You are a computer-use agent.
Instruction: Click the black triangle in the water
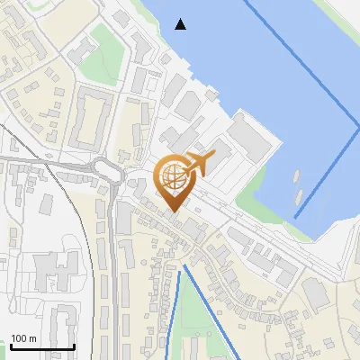tap(182, 24)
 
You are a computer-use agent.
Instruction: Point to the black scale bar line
tap(42, 347)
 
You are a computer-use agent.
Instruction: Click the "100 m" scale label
tap(23, 338)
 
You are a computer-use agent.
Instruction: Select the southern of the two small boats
tap(298, 194)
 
